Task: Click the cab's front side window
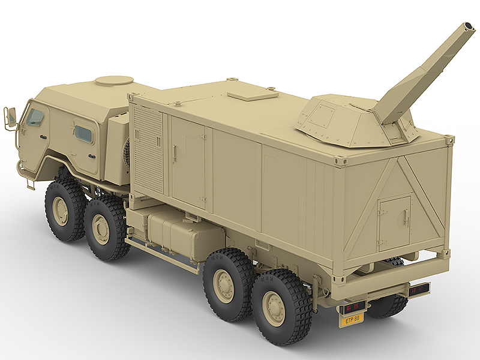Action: click(x=35, y=117)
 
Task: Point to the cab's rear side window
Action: click(x=83, y=134)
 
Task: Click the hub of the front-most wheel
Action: click(x=61, y=210)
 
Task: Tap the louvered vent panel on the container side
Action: click(x=147, y=148)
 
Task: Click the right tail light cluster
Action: click(x=419, y=290)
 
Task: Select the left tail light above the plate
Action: click(x=353, y=308)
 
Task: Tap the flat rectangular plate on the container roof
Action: click(x=253, y=94)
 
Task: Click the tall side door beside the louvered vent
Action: click(x=187, y=161)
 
